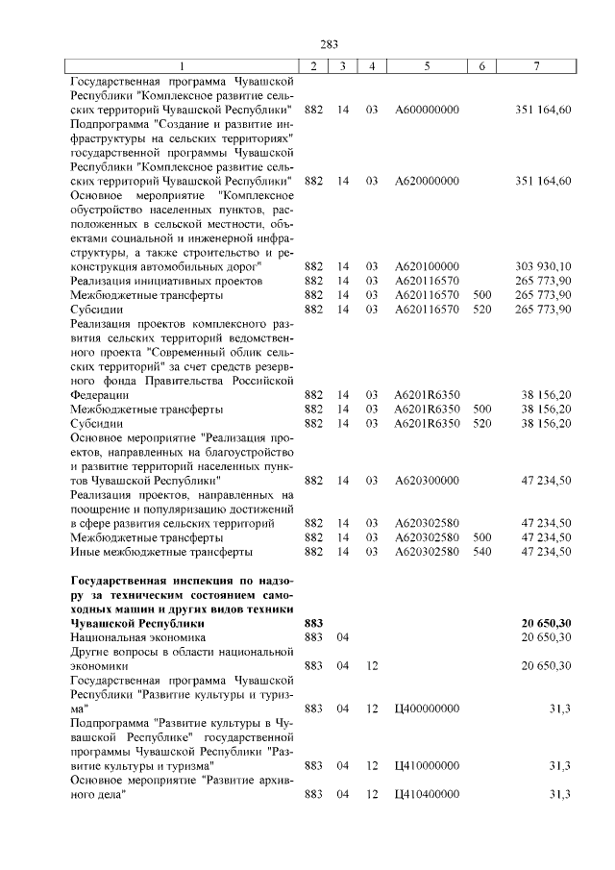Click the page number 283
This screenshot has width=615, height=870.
(330, 43)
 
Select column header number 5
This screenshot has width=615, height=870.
(427, 65)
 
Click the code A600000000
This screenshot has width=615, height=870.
(427, 110)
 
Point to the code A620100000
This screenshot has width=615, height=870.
(427, 265)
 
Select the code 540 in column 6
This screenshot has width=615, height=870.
(482, 552)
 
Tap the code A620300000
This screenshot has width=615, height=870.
(427, 480)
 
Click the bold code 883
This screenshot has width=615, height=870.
(313, 623)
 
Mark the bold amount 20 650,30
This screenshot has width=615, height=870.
(546, 623)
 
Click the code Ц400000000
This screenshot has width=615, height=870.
(427, 708)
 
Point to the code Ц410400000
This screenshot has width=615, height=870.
(427, 794)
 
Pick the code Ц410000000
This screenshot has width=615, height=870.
(427, 766)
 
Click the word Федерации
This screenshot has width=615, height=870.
(100, 394)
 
